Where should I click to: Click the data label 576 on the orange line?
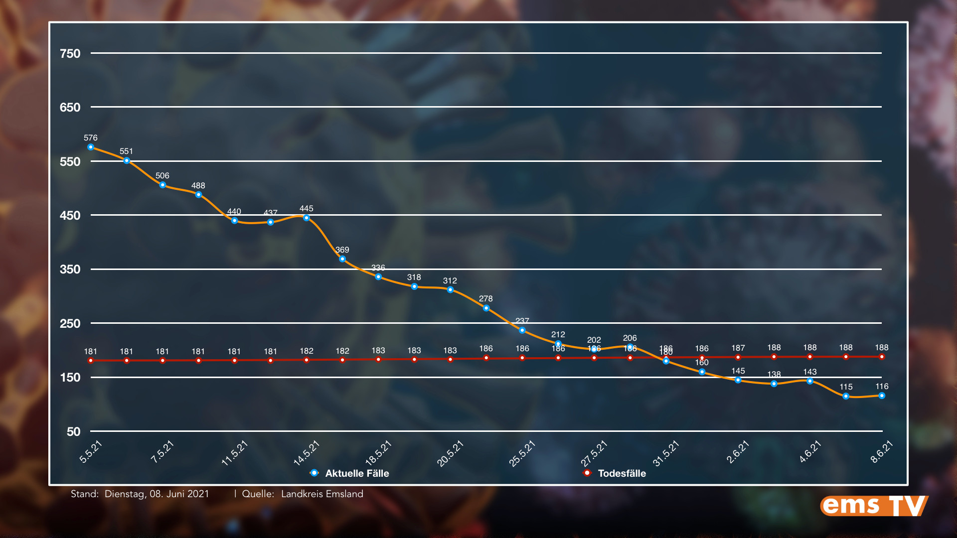[91, 138]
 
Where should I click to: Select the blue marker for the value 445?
[307, 218]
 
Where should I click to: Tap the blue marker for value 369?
[342, 259]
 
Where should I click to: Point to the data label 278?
[486, 299]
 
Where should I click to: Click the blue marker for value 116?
[882, 396]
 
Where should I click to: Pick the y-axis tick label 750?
[70, 54]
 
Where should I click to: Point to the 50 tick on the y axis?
[73, 431]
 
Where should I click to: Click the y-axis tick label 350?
[70, 269]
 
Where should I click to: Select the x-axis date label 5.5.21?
[91, 452]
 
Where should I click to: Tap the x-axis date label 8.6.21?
[881, 452]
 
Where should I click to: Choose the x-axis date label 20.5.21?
[450, 454]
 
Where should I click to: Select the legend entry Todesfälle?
[622, 473]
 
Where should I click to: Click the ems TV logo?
[874, 506]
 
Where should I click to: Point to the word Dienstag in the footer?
[125, 494]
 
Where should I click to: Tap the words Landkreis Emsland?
[322, 494]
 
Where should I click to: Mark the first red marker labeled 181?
[91, 361]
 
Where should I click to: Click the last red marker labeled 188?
[882, 357]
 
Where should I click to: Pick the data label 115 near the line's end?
[846, 387]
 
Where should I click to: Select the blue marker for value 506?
[162, 185]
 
